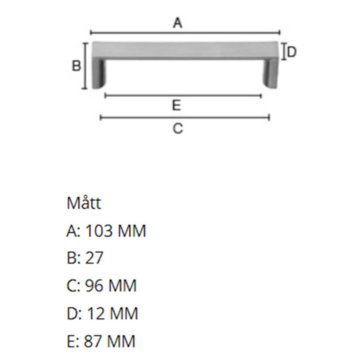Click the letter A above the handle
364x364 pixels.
177,23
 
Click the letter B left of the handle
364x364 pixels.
76,66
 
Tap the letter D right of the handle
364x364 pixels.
292,52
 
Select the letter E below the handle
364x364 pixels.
177,106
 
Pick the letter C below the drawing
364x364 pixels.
177,128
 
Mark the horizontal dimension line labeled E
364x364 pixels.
183,96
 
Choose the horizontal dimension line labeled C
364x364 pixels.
185,117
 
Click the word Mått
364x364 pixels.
84,203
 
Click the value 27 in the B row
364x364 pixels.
94,258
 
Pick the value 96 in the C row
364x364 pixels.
94,286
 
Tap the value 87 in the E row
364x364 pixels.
93,341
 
